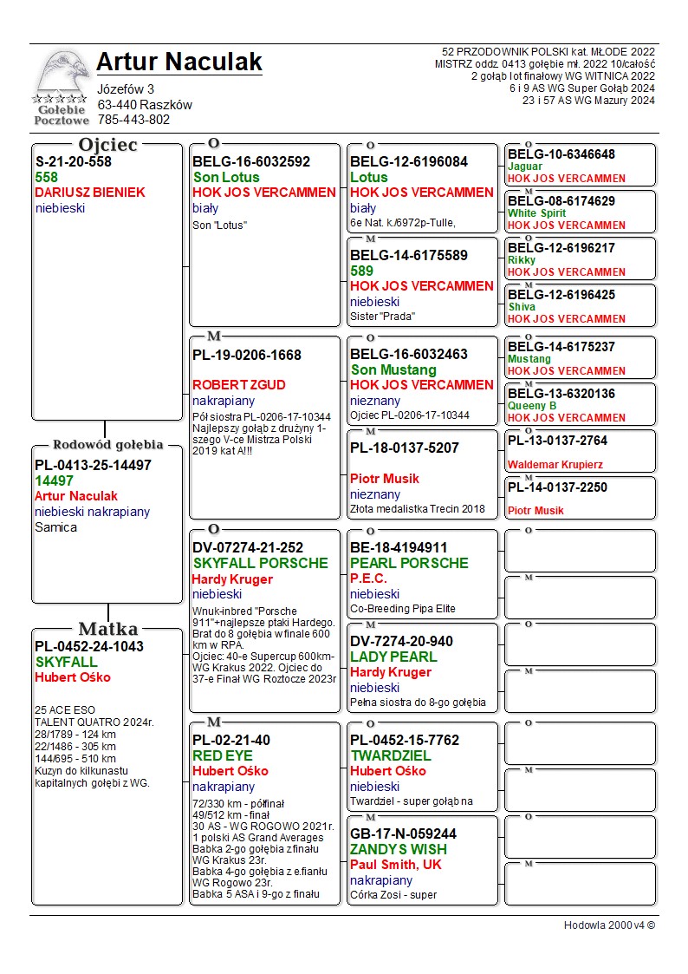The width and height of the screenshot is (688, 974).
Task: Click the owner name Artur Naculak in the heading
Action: (179, 62)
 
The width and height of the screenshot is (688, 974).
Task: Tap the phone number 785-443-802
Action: (133, 120)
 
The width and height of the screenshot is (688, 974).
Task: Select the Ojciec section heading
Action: (107, 145)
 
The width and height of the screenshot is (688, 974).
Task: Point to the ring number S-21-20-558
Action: (74, 161)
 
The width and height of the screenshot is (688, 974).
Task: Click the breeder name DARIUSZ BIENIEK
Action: (90, 193)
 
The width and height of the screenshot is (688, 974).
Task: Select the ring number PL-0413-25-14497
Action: (93, 465)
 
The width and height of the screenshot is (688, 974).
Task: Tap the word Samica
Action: (55, 527)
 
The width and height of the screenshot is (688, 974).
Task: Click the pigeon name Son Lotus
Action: (226, 177)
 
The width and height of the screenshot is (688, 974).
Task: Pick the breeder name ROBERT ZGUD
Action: (238, 385)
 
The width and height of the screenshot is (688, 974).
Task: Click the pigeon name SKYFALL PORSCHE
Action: (260, 563)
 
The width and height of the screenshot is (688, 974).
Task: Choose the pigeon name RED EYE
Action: (221, 755)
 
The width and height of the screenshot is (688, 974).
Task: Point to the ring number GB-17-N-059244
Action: (403, 833)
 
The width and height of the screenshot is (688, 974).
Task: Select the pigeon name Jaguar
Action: (525, 167)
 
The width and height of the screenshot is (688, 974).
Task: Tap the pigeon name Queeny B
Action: (532, 406)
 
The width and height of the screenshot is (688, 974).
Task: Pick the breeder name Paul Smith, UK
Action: (396, 865)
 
